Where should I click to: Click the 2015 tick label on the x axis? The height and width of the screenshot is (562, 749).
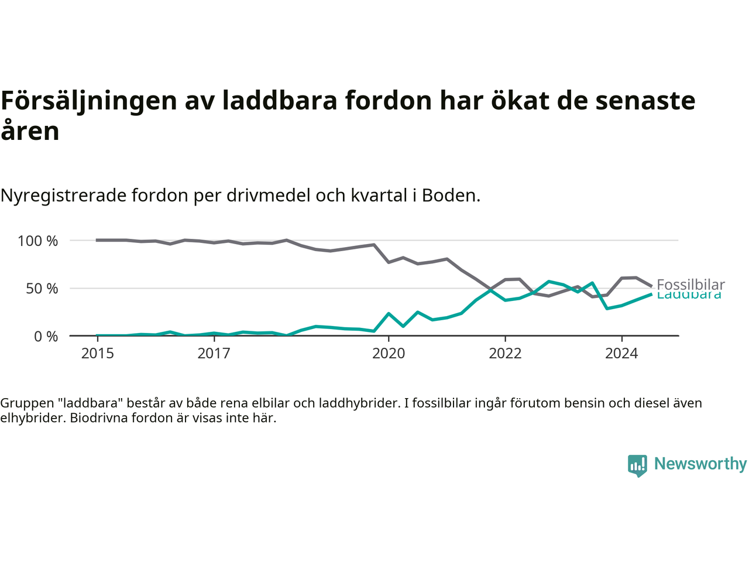coord(98,354)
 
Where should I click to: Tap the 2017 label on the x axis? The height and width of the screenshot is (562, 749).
coord(214,354)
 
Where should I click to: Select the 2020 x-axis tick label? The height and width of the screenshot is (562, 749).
coord(389,354)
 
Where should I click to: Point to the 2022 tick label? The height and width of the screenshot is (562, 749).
coord(505,354)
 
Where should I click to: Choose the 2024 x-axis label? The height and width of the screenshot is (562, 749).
coord(621,354)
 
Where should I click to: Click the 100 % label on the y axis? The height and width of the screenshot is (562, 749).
coord(38,241)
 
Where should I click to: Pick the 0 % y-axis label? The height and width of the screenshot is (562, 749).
coord(46,337)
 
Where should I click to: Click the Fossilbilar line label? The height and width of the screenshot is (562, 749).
coord(690,285)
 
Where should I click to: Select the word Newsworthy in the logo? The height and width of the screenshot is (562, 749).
coord(700,464)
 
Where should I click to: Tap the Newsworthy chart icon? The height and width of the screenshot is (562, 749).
coord(637,465)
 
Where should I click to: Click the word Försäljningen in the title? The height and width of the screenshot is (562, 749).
coord(89,101)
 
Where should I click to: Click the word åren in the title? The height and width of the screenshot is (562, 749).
coord(30,131)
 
